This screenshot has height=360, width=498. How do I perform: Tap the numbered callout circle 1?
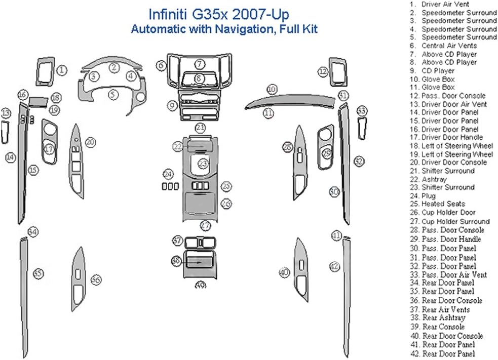pos(62,70)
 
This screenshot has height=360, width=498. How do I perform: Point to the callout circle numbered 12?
pos(323,72)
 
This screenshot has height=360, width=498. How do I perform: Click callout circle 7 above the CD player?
pos(200,64)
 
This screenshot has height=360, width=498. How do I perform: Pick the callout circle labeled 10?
pos(272,89)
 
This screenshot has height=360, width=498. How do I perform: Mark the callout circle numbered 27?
pos(205,225)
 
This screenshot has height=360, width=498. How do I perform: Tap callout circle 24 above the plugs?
pos(168,174)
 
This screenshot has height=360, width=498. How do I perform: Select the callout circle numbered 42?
pos(334,266)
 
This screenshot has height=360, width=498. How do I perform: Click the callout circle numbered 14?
pos(10,157)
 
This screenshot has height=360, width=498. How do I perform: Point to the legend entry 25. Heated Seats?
pos(437,204)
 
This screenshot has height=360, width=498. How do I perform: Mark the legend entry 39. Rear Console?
pos(437,327)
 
